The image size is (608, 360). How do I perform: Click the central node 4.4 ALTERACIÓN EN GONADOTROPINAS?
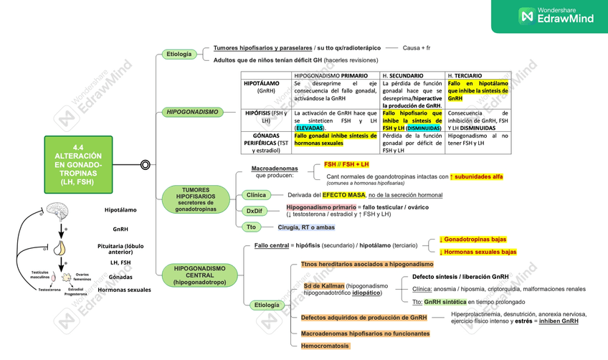78,164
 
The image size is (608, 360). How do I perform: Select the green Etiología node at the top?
179,54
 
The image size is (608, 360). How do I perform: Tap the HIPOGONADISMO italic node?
192,112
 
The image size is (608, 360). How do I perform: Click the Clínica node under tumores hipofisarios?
256,195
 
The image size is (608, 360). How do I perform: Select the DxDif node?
254,211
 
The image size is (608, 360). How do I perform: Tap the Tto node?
251,227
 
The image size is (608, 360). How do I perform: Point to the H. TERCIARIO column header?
464,75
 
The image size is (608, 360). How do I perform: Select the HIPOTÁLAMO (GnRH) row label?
266,87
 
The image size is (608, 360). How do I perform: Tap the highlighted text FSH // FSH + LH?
346,164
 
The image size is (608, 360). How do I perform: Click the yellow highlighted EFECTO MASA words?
343,195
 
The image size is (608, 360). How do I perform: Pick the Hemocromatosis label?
325,346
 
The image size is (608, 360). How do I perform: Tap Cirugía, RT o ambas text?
306,227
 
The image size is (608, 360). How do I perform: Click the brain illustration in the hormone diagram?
56,214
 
